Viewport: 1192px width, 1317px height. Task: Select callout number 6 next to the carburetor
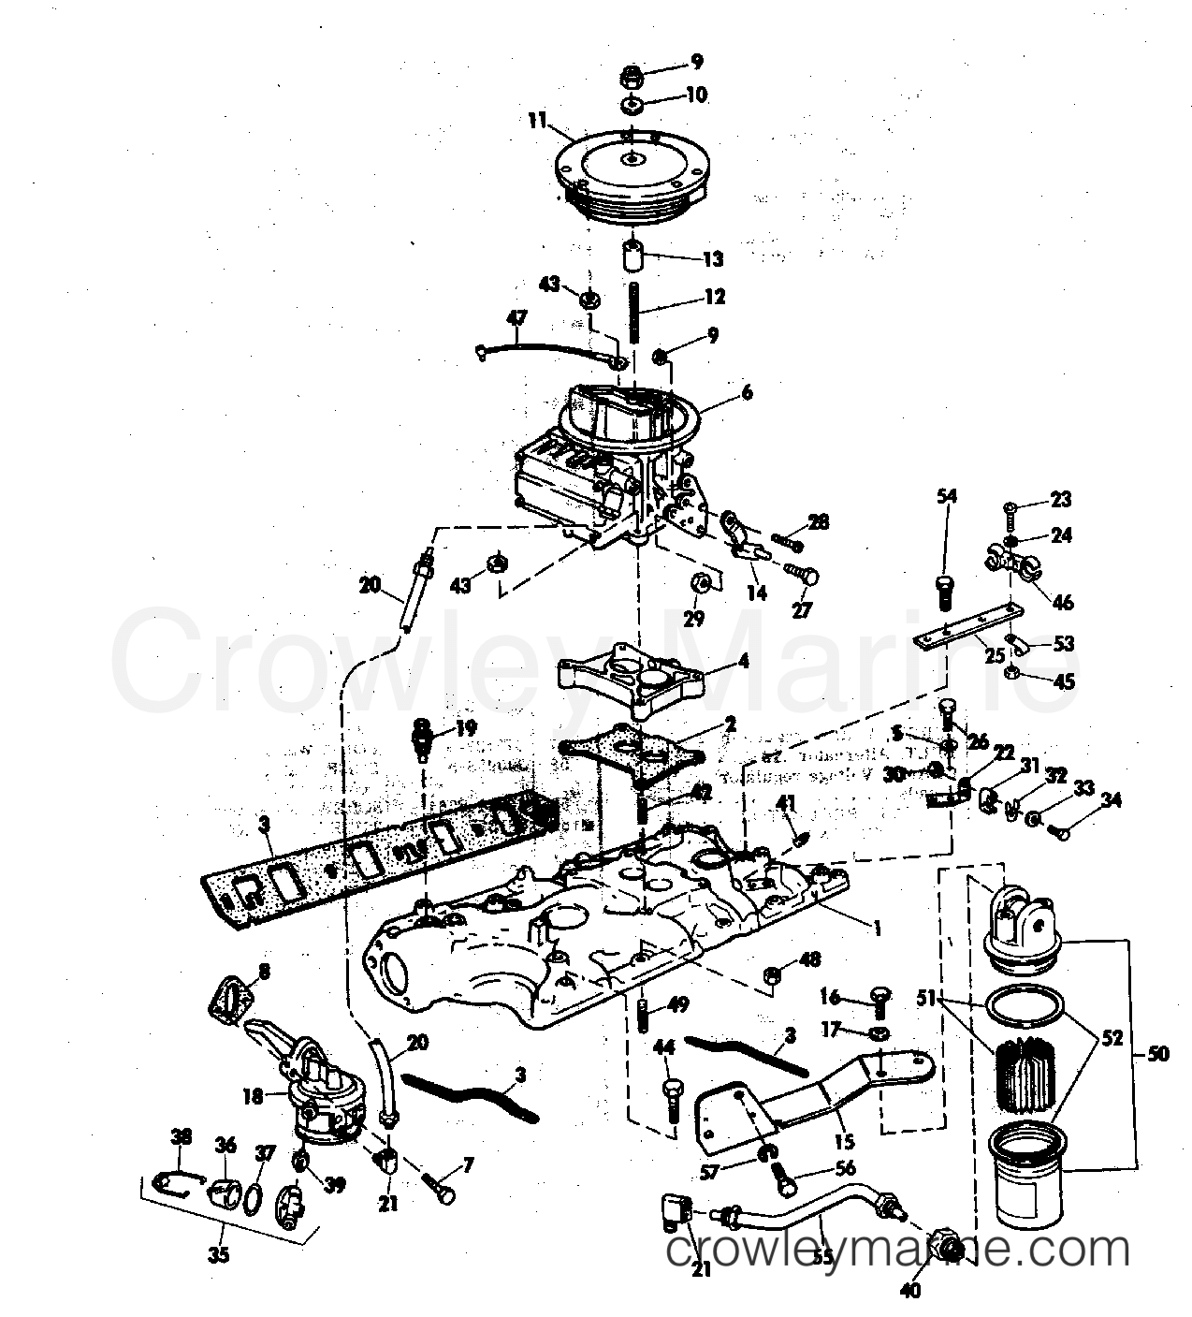pyautogui.click(x=746, y=394)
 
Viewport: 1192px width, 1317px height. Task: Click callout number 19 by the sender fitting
pyautogui.click(x=465, y=727)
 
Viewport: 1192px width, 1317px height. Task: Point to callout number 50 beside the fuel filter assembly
pyautogui.click(x=1158, y=1055)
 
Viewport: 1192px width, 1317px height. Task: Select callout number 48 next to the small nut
pyautogui.click(x=810, y=961)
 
